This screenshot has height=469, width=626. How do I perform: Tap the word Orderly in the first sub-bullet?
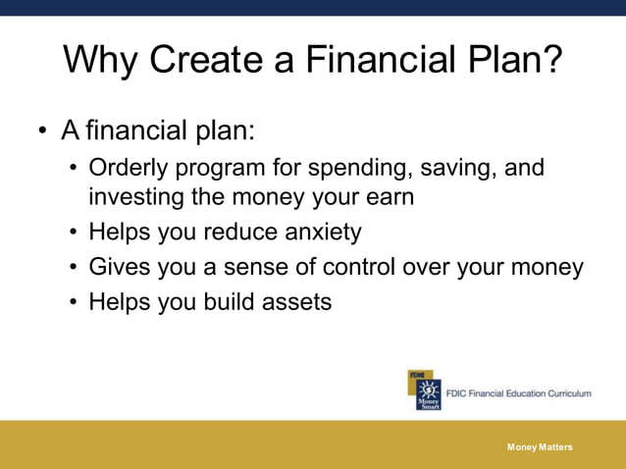click(128, 168)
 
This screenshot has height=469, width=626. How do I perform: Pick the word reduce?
click(235, 233)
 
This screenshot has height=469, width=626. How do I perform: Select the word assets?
click(296, 302)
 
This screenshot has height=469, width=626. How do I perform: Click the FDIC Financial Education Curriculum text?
click(518, 393)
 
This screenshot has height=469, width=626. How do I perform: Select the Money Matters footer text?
click(540, 447)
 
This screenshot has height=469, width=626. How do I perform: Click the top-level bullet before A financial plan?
click(42, 130)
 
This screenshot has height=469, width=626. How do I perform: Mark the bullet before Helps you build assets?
click(74, 302)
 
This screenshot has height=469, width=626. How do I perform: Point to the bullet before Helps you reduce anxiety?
click(74, 233)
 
